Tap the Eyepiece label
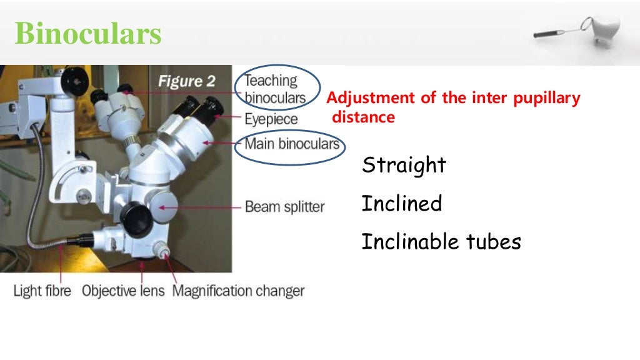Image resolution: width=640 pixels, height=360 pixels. coord(271,119)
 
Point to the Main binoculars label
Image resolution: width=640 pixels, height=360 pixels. coord(291,144)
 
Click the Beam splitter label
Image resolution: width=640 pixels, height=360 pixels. coord(284,207)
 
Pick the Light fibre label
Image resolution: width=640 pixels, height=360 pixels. coord(43,291)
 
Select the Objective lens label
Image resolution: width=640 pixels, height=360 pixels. coord(124,291)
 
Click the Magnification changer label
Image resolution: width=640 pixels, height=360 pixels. coord(238,291)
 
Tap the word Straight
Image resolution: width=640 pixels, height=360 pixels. coord(404,166)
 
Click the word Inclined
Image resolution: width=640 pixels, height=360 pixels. coord(402,204)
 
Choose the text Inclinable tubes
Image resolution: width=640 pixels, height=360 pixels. coord(441,242)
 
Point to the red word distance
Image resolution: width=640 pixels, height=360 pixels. coord(363,117)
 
